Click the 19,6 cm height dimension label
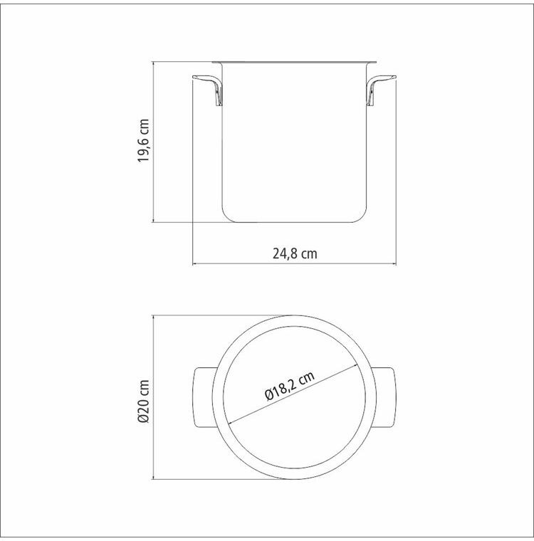pos(144,140)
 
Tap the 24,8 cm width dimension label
pos(295,253)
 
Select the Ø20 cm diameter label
pos(144,401)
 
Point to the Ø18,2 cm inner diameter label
pos(290,385)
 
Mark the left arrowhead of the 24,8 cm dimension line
pos(194,264)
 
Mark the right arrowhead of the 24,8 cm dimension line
pos(394,264)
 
